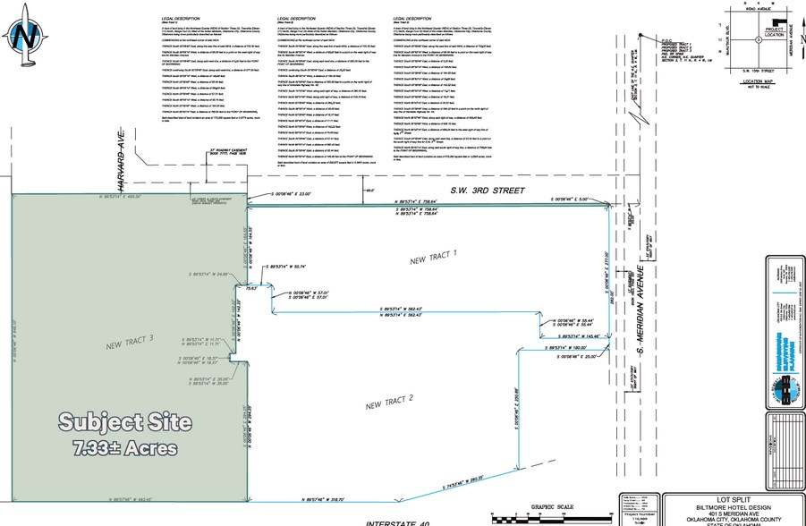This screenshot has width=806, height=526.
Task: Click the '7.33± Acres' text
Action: [x=118, y=446]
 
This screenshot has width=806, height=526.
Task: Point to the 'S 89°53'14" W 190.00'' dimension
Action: [x=566, y=348]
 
